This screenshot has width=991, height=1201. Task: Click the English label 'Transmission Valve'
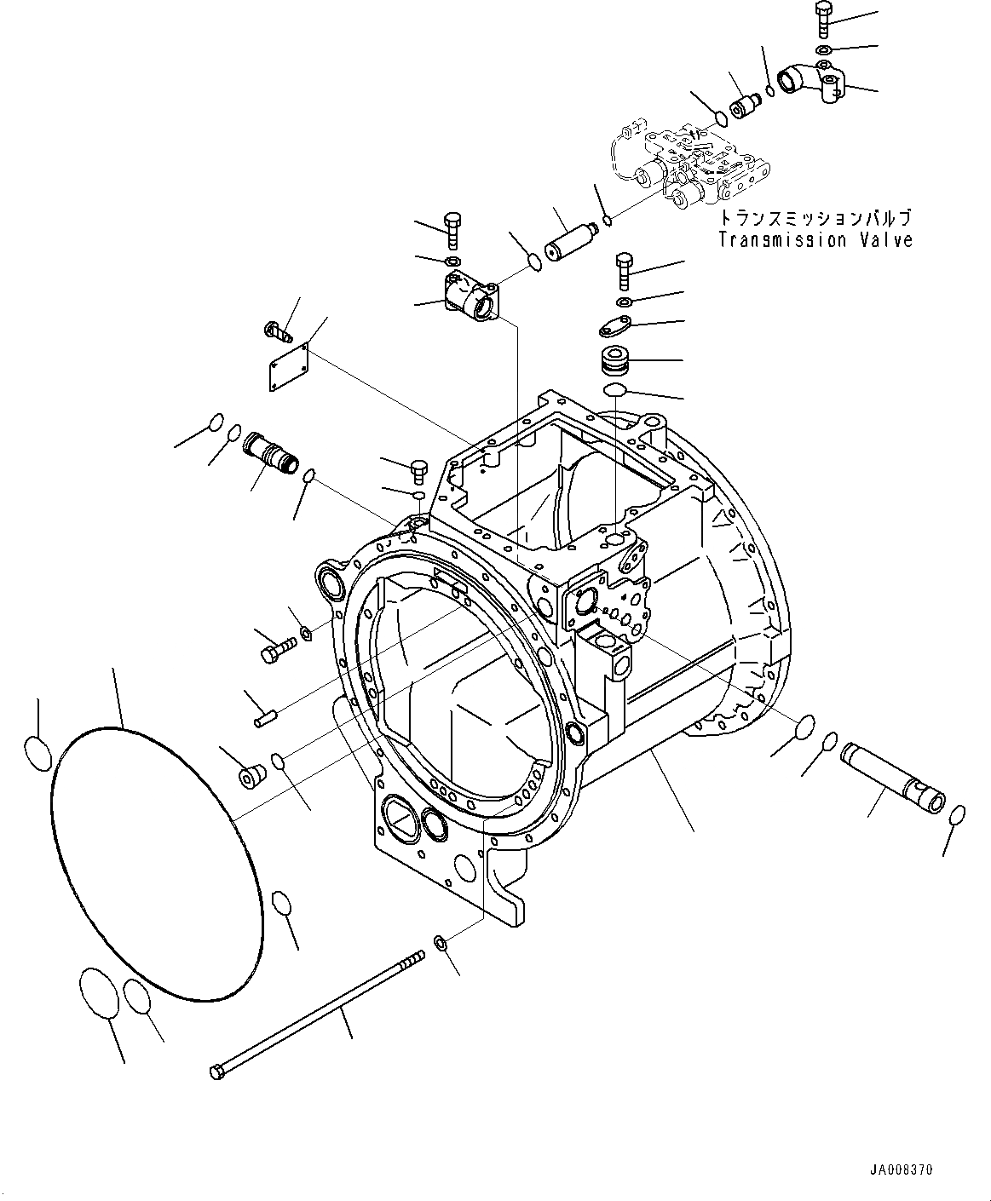click(x=815, y=240)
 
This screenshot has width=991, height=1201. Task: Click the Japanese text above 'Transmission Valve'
click(x=814, y=218)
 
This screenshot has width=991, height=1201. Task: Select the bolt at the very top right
click(x=823, y=20)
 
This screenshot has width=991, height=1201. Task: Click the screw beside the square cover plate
click(x=280, y=329)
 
